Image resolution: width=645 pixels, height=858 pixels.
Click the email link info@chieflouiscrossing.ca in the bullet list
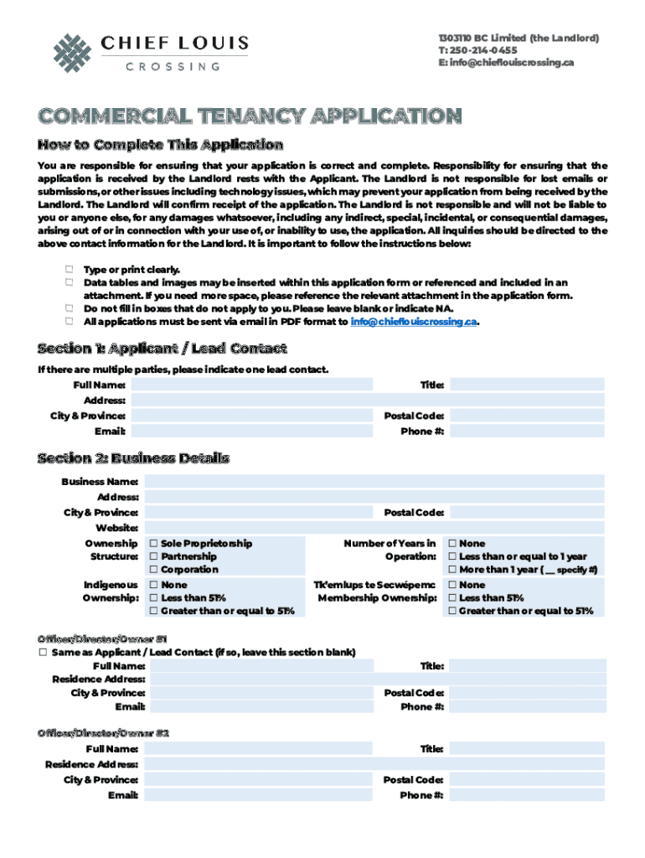click(414, 321)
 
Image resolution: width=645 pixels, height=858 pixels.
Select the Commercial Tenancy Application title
click(250, 116)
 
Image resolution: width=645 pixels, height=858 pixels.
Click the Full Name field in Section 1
click(251, 385)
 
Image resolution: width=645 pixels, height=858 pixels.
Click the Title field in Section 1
click(527, 385)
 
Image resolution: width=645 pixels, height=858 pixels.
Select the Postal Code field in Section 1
click(527, 416)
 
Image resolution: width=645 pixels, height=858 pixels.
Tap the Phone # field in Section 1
click(527, 432)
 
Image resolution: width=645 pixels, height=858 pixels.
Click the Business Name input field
click(374, 482)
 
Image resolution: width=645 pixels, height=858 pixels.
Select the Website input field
click(374, 528)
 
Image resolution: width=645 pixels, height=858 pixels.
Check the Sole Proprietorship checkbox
click(153, 544)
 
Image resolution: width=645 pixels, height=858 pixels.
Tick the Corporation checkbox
click(153, 570)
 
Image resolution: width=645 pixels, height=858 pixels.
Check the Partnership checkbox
click(153, 556)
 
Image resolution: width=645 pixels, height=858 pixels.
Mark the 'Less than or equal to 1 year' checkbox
click(452, 556)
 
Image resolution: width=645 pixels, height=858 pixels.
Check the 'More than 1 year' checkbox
click(452, 570)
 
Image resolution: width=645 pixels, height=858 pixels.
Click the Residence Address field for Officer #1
click(377, 680)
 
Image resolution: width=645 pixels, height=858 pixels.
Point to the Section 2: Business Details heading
click(133, 458)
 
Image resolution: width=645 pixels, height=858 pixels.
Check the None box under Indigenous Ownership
click(153, 585)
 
